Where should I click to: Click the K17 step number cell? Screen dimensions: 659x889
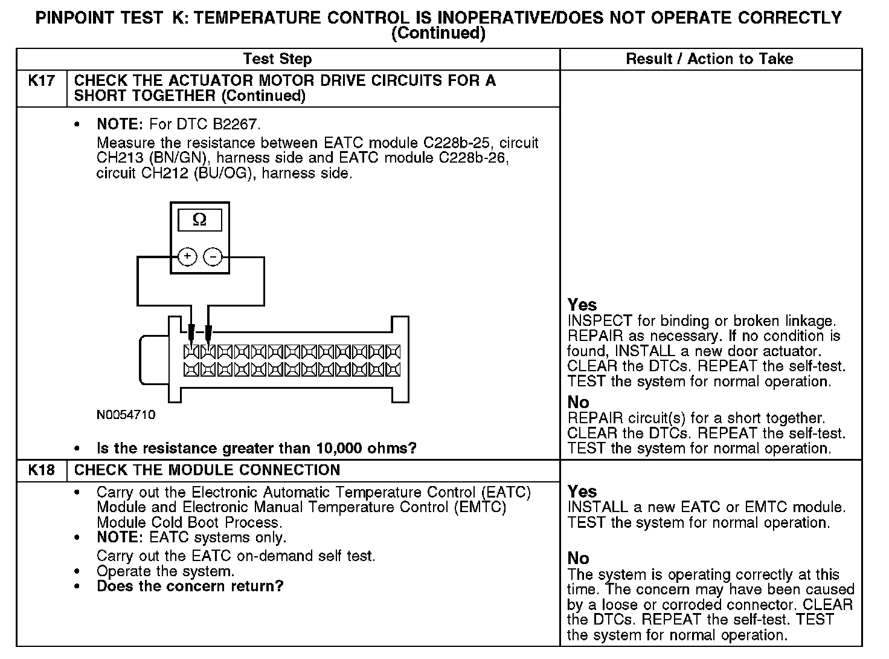click(x=41, y=80)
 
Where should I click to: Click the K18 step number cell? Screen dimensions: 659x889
click(x=41, y=470)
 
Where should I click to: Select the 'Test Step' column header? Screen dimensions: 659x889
click(x=277, y=59)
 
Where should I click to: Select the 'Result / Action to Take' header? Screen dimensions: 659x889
click(x=710, y=59)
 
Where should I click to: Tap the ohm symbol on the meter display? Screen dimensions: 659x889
click(x=199, y=221)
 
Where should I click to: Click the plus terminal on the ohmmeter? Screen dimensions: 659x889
click(x=188, y=257)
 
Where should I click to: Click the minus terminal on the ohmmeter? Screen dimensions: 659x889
click(x=213, y=257)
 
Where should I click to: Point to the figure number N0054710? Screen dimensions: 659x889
click(x=126, y=415)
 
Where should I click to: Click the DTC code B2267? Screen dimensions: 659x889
click(x=236, y=125)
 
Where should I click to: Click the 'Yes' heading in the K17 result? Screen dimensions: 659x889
click(x=582, y=305)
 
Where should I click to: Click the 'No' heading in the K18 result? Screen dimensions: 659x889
click(x=578, y=558)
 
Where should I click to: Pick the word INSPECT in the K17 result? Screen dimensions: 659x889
click(x=599, y=321)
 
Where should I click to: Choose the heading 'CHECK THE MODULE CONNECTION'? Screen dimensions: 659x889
click(x=207, y=470)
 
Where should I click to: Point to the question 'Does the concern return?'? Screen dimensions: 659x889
click(x=190, y=586)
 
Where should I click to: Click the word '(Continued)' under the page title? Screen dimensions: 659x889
click(x=438, y=34)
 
